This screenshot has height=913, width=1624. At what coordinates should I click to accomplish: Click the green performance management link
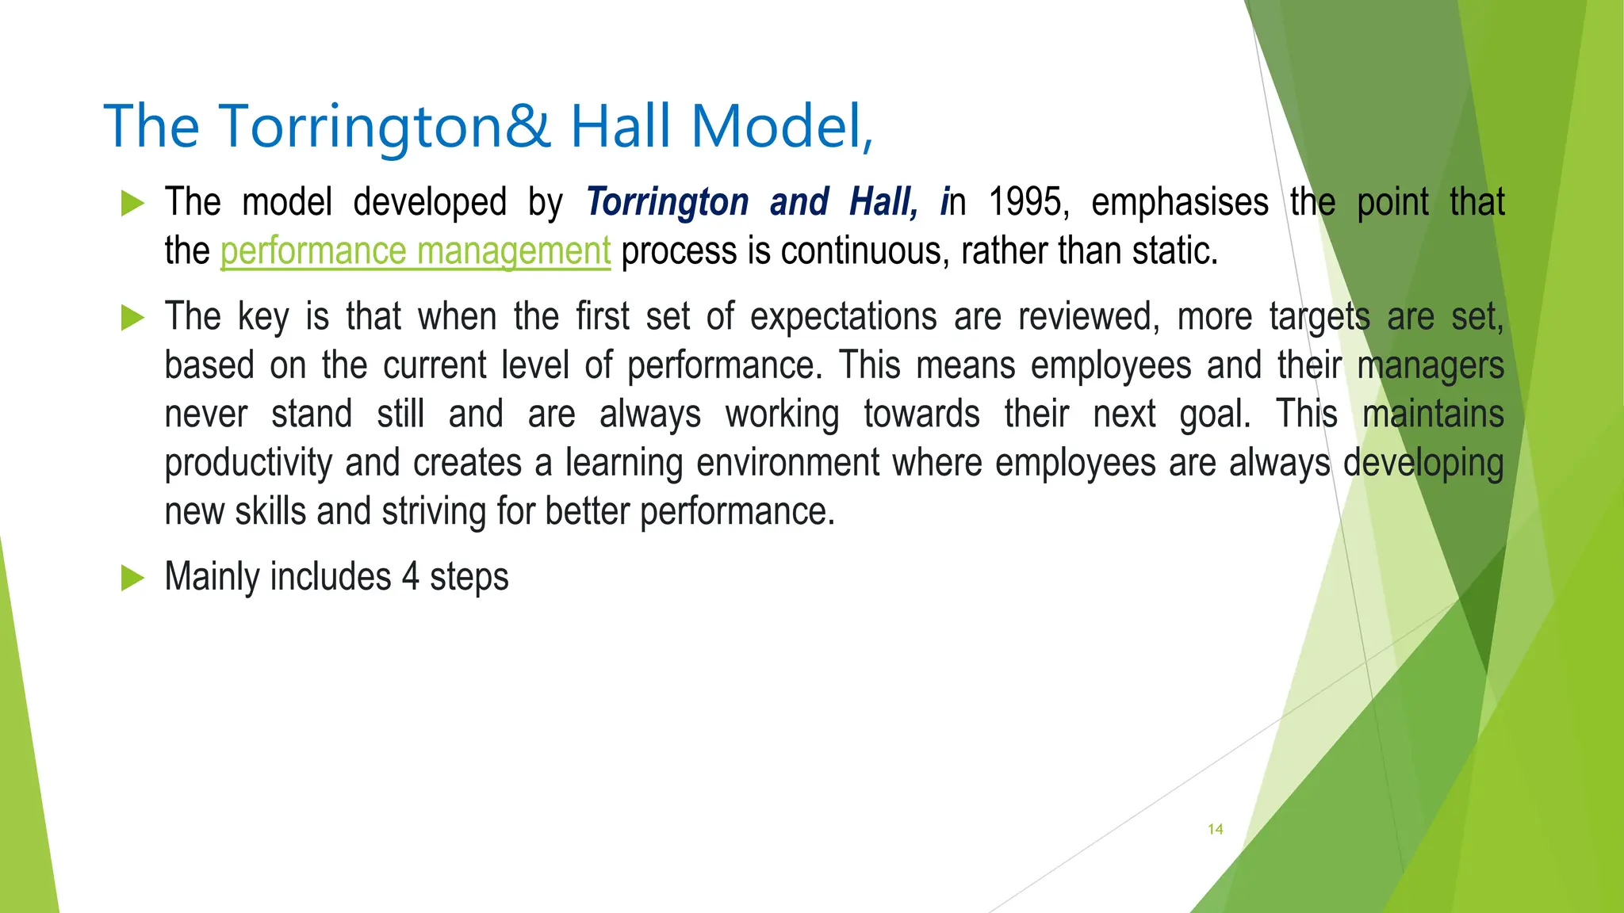click(415, 251)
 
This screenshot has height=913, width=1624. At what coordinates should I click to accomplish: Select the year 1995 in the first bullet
click(1028, 202)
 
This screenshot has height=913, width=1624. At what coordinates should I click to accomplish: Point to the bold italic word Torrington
click(667, 202)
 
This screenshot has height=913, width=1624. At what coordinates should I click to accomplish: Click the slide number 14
click(1215, 829)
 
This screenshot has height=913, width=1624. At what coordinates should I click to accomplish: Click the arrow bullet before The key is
click(132, 318)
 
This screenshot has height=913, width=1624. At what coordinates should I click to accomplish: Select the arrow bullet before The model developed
click(132, 204)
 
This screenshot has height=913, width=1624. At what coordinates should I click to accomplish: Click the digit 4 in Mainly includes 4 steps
click(410, 577)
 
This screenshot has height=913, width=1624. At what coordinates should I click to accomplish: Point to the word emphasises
click(1179, 202)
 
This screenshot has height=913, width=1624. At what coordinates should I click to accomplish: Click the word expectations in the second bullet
click(844, 317)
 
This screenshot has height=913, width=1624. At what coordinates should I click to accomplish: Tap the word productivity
click(248, 463)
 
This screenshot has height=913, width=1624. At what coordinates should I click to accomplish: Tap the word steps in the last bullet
click(469, 577)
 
